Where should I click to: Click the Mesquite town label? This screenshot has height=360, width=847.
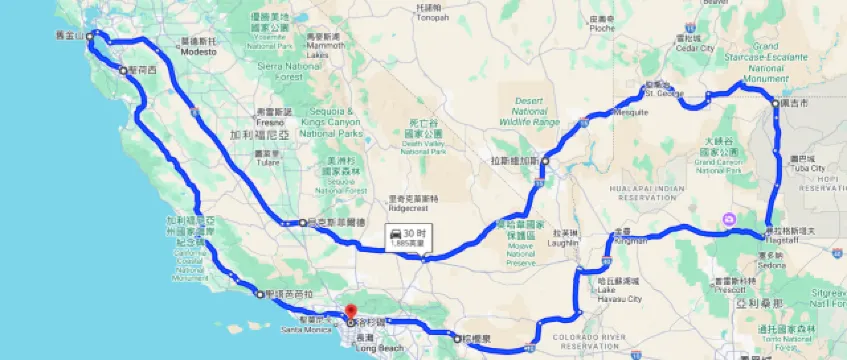point(631,112)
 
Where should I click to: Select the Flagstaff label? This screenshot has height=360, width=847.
point(785,236)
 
